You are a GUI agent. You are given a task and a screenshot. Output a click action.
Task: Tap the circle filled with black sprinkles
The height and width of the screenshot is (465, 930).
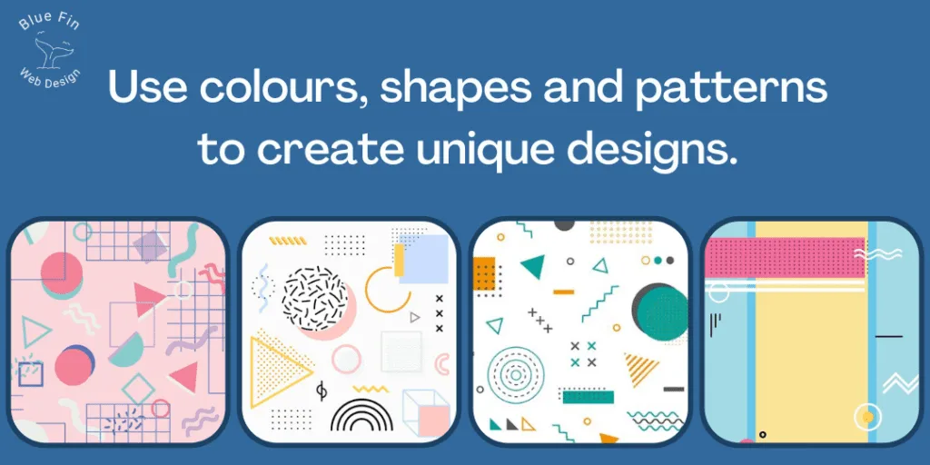coord(314,299)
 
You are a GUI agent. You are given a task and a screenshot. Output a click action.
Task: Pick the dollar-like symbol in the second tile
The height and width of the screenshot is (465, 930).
coord(321,390)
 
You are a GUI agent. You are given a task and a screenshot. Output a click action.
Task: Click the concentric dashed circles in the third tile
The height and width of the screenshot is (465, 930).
coord(515,373)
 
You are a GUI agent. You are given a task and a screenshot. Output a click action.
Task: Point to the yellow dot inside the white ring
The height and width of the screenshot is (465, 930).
coord(867,416)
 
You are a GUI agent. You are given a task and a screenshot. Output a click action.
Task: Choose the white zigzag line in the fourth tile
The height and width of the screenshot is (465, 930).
coord(900,384)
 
